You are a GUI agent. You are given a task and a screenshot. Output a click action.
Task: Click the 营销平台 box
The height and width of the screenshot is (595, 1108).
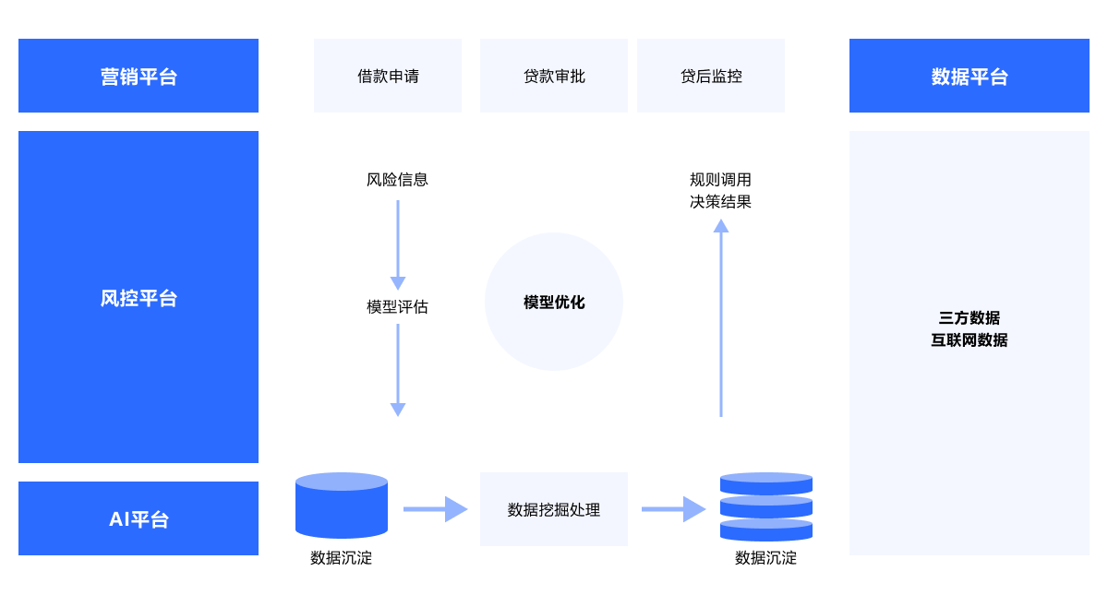pyautogui.click(x=138, y=76)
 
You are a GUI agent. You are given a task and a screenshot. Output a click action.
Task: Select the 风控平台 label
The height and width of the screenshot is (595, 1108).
pyautogui.click(x=138, y=298)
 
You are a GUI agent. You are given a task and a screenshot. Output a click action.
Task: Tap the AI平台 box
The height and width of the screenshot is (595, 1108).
pyautogui.click(x=138, y=518)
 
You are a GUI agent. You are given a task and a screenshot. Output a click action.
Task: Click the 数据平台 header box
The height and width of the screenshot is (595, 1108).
pyautogui.click(x=969, y=76)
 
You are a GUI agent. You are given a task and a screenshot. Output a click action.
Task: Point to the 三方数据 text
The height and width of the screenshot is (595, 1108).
pyautogui.click(x=969, y=318)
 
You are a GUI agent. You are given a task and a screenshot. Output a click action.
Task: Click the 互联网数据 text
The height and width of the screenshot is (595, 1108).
pyautogui.click(x=969, y=340)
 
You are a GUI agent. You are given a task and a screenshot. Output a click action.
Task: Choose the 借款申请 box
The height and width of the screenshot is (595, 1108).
pyautogui.click(x=388, y=76)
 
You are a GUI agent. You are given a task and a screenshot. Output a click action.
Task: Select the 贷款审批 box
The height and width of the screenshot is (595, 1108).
pyautogui.click(x=554, y=76)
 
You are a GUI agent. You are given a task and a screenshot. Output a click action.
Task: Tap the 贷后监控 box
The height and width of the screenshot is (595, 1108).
pyautogui.click(x=711, y=76)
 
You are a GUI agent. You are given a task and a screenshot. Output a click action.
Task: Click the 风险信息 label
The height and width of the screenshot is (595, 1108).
pyautogui.click(x=397, y=180)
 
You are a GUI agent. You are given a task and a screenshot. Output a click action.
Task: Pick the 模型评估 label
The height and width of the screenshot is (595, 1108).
pyautogui.click(x=397, y=307)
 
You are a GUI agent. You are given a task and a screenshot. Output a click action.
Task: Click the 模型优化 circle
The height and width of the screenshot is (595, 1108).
pyautogui.click(x=554, y=302)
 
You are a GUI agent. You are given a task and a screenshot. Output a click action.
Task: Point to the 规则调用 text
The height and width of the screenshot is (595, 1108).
pyautogui.click(x=720, y=180)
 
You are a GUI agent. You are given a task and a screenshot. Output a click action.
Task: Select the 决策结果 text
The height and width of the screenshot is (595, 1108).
pyautogui.click(x=720, y=202)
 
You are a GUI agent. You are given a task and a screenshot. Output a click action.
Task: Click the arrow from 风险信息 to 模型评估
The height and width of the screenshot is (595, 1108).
pyautogui.click(x=398, y=244)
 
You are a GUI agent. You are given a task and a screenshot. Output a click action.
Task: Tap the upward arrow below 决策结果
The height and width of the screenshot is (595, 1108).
pyautogui.click(x=721, y=318)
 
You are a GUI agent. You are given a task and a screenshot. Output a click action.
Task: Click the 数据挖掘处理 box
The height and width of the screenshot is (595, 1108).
pyautogui.click(x=554, y=509)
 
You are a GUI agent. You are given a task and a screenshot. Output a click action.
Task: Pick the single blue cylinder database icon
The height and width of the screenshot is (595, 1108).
pyautogui.click(x=342, y=506)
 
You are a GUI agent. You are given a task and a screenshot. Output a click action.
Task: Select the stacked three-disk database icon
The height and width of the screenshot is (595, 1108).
pyautogui.click(x=766, y=506)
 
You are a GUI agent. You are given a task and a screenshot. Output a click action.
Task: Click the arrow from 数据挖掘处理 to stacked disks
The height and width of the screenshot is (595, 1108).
pyautogui.click(x=673, y=509)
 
